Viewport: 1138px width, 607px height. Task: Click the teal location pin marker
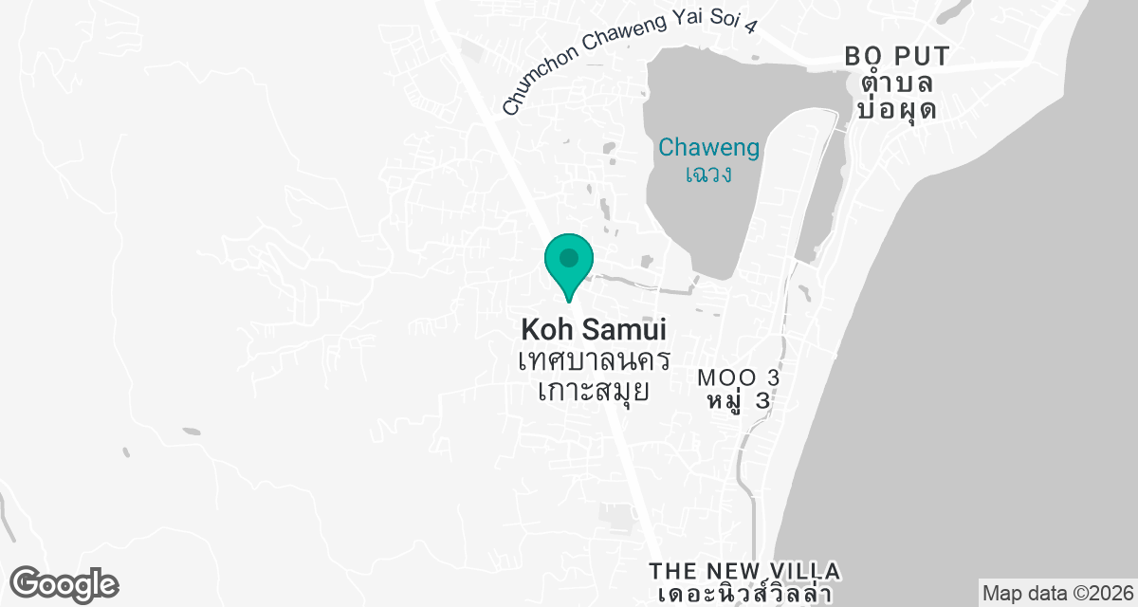[x=569, y=266]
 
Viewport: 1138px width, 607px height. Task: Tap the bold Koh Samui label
[x=594, y=331]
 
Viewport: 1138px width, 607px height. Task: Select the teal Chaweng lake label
[x=709, y=148]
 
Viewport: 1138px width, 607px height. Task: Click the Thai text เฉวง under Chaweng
[x=709, y=175]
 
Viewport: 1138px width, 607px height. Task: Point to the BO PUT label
[x=897, y=57]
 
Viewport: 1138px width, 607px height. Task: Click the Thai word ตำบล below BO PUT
[x=897, y=83]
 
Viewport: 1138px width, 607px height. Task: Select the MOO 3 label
[x=739, y=377]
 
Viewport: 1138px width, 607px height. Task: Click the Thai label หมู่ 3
[x=739, y=400]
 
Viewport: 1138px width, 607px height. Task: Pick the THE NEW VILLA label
[x=744, y=571]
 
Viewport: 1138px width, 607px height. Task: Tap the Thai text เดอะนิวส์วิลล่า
[x=744, y=595]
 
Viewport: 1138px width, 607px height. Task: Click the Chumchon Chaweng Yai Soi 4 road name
[x=631, y=59]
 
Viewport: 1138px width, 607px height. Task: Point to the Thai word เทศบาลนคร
[x=595, y=361]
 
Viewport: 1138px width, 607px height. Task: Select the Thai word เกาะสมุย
[x=594, y=389]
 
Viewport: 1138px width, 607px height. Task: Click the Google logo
[x=64, y=583]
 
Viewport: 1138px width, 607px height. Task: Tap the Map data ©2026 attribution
[x=1057, y=594]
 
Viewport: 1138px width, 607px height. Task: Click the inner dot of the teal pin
[x=569, y=257]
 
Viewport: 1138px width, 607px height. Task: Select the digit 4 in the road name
[x=751, y=27]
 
